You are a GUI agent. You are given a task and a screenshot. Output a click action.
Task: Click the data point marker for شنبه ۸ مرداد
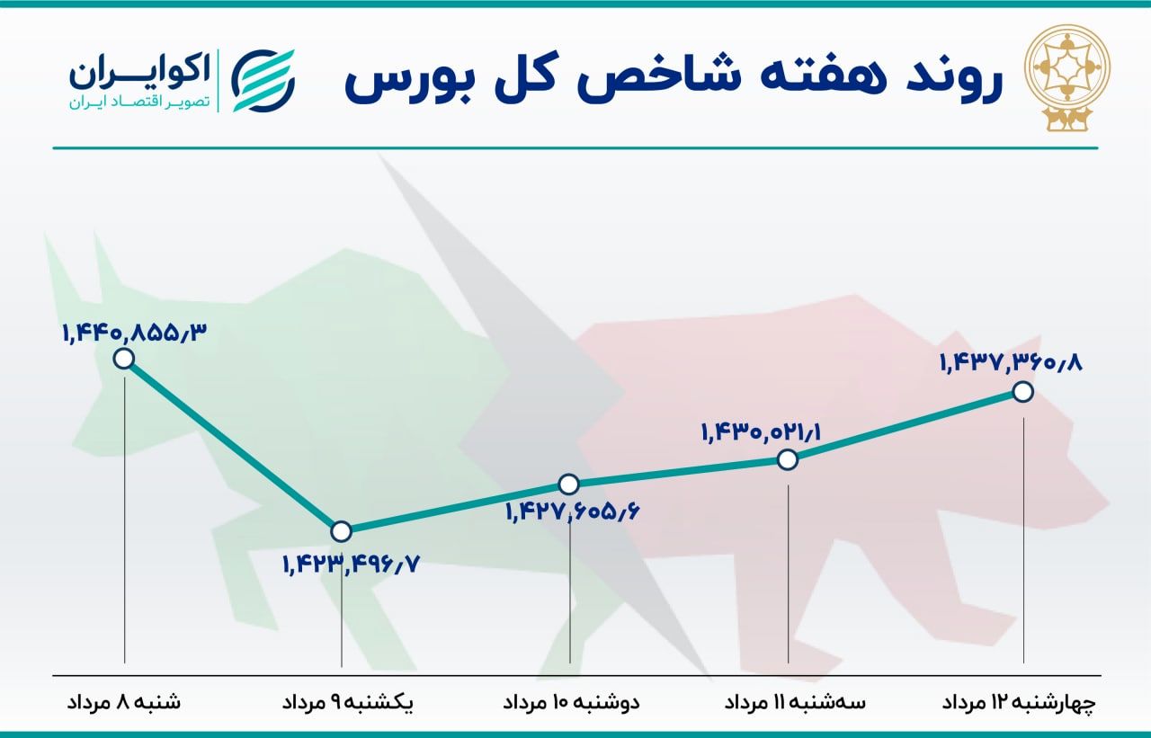(x=124, y=359)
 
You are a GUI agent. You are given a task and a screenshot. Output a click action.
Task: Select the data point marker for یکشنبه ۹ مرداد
(x=341, y=529)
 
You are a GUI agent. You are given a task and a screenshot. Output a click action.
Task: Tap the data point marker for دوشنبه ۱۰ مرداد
(x=568, y=484)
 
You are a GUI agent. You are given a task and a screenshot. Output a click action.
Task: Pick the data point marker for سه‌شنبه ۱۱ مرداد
(x=788, y=459)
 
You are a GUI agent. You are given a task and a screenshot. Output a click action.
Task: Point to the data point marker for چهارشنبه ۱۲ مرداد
(x=1022, y=391)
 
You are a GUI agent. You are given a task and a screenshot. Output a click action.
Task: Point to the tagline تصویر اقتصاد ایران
(x=138, y=102)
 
